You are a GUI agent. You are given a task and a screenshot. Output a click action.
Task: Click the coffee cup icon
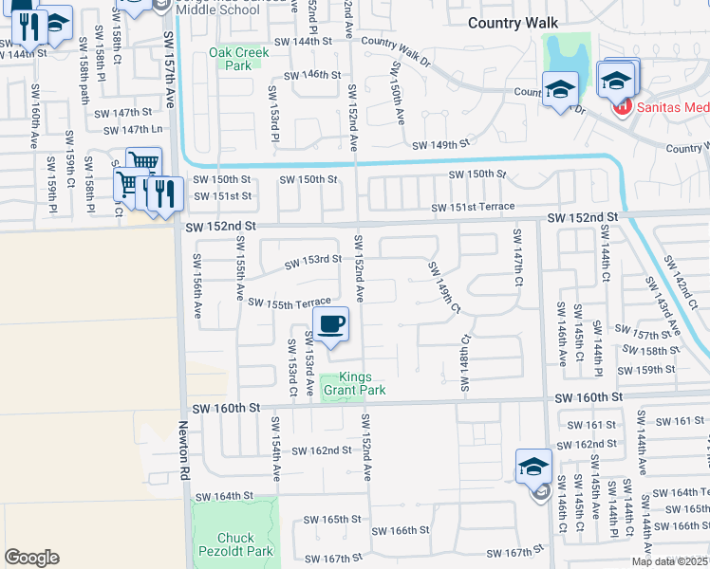click(x=330, y=325)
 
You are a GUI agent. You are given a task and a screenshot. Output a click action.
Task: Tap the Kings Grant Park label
click(x=355, y=382)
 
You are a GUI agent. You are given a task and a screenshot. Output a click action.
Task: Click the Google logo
click(x=31, y=558)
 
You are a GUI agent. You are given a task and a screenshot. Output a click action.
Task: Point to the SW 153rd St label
click(x=314, y=259)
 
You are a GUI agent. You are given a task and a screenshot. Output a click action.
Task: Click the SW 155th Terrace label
click(x=290, y=303)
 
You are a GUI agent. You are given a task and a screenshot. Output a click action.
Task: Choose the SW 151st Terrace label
click(x=473, y=207)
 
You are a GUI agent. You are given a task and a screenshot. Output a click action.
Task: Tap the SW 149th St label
click(x=440, y=145)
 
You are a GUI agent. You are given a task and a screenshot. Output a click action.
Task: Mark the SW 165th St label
click(x=332, y=519)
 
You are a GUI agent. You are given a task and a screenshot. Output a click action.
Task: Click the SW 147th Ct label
click(x=518, y=261)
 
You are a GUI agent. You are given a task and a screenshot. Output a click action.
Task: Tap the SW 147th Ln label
click(x=130, y=129)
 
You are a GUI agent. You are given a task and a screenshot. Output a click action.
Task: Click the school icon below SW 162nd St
click(x=534, y=467)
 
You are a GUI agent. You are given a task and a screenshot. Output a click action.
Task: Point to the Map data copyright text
click(x=670, y=561)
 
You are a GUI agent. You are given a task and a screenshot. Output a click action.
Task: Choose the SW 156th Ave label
click(x=198, y=285)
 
